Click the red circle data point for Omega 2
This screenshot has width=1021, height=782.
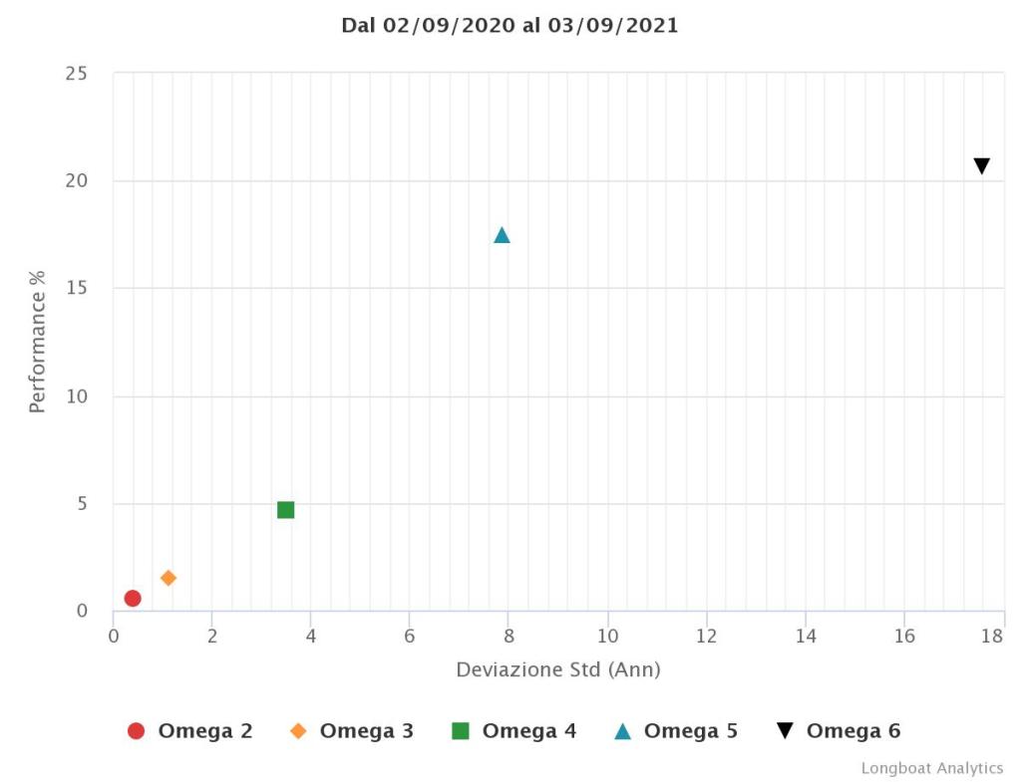133,598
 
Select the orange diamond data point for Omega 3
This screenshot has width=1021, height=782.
169,578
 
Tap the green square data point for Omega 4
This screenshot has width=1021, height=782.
286,510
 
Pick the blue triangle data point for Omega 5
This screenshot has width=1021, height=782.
502,235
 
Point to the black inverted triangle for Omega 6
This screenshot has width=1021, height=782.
981,166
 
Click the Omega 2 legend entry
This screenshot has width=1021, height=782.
190,731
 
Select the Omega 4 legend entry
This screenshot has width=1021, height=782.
514,731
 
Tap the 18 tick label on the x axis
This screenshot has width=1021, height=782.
992,636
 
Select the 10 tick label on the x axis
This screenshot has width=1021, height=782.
607,636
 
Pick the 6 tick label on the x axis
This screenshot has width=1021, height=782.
410,636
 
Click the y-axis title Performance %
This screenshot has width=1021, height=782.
38,342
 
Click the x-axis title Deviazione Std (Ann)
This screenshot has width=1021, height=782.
558,669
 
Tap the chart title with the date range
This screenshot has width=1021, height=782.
510,26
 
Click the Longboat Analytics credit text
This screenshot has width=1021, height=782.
932,768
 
